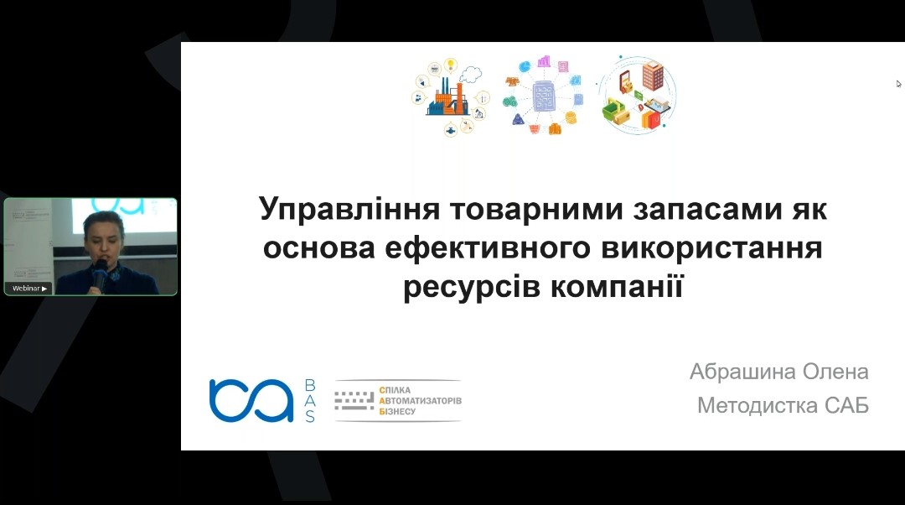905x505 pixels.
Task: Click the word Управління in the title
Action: click(349, 210)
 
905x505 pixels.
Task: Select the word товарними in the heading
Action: click(537, 209)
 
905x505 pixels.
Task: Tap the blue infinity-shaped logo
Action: click(251, 400)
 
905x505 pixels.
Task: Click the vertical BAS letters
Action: click(310, 401)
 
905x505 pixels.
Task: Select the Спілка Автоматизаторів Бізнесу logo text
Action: click(420, 400)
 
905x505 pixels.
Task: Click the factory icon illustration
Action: click(451, 96)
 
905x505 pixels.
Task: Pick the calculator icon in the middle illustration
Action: click(543, 96)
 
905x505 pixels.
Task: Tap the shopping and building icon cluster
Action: click(637, 96)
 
